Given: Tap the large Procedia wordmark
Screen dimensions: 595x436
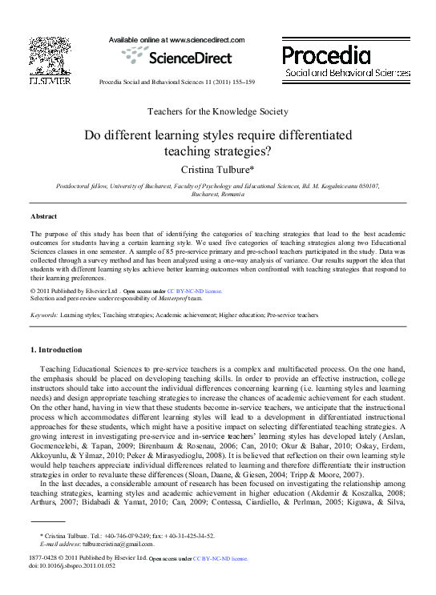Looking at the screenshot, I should [x=326, y=54].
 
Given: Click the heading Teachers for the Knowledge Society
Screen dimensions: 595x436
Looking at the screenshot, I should [x=218, y=111].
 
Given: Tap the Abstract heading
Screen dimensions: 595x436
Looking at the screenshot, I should [x=43, y=217].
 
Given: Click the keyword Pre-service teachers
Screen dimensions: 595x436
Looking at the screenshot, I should [x=293, y=316].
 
